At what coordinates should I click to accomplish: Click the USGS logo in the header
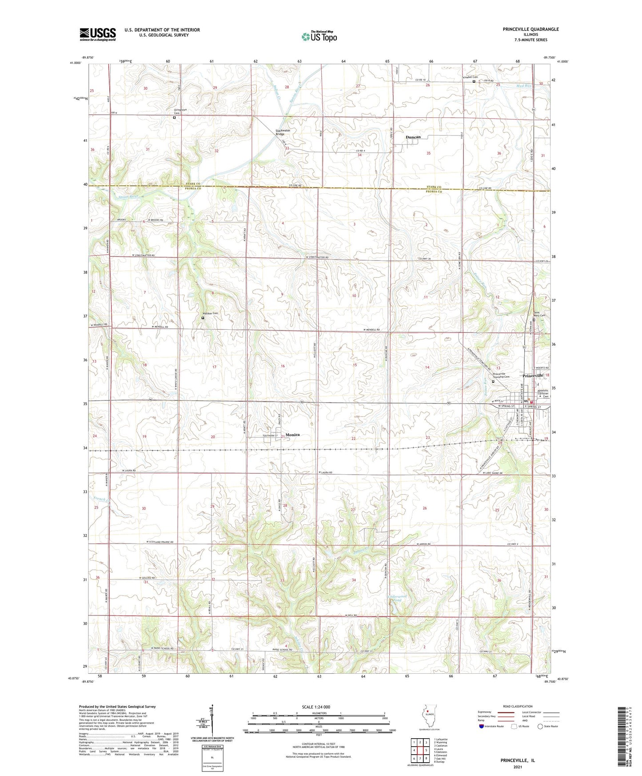[x=98, y=34]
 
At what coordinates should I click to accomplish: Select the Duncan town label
[x=413, y=137]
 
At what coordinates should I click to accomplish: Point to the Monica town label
[x=292, y=435]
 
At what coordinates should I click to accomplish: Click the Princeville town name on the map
[x=533, y=376]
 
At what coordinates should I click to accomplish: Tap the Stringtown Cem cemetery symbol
[x=174, y=118]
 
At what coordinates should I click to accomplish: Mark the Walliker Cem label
[x=211, y=313]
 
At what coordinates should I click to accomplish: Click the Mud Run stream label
[x=524, y=85]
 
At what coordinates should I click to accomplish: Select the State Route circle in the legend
[x=540, y=726]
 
